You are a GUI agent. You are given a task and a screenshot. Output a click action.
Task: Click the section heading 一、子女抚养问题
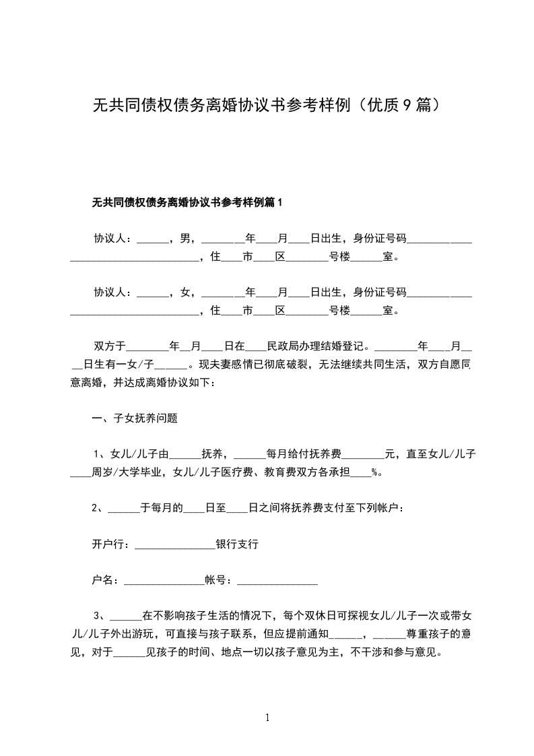point(135,418)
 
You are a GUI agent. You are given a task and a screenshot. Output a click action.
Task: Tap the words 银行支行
point(237,544)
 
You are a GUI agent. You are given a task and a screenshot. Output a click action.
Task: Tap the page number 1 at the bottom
point(267,718)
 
